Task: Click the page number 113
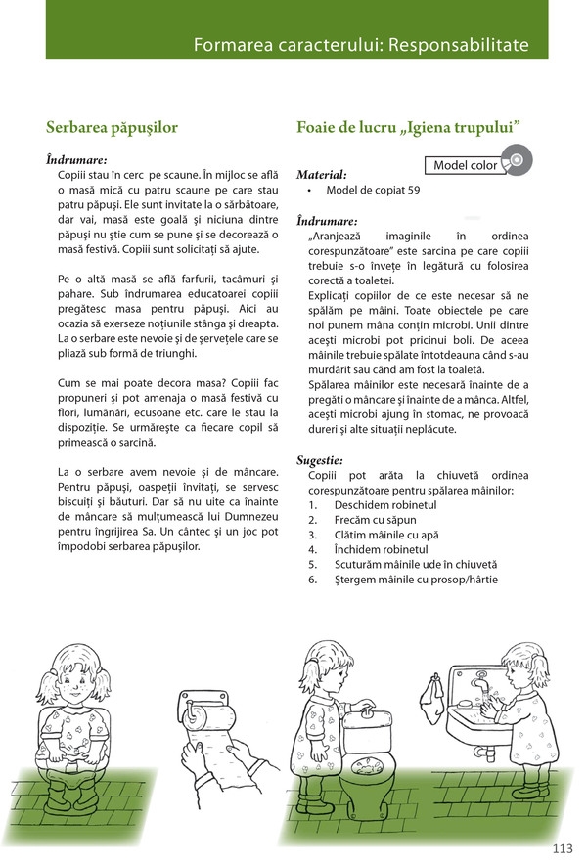(562, 846)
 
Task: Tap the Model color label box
(465, 165)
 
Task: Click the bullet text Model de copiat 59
(373, 190)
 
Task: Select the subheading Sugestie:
(320, 459)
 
